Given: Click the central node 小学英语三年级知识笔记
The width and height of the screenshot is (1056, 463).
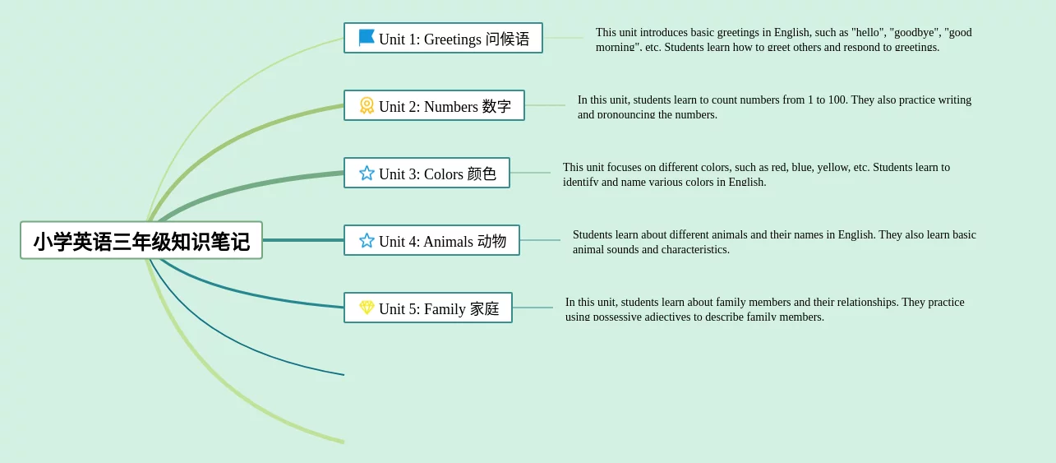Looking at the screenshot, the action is click(x=141, y=240).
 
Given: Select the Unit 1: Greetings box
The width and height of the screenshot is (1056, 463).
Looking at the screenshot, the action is click(x=443, y=39).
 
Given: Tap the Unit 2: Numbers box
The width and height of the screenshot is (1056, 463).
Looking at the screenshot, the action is click(x=434, y=106).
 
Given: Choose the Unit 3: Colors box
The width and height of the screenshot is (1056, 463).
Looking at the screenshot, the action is click(x=427, y=174).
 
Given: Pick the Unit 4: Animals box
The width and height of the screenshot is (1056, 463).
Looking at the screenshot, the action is click(x=431, y=241).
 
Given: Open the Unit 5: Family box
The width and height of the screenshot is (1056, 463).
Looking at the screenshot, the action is click(x=427, y=308).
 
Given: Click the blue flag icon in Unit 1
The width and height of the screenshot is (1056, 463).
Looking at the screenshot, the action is click(x=367, y=38).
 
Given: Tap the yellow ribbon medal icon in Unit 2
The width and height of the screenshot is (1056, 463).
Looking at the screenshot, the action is click(x=367, y=105).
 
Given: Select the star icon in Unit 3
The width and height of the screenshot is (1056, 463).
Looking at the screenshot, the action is click(x=367, y=173).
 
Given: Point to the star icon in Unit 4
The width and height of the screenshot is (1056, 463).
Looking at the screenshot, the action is click(x=367, y=240).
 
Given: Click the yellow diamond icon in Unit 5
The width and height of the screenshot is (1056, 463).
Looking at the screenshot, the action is click(x=367, y=308).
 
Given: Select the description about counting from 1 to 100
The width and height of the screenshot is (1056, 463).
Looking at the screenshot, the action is click(x=774, y=106).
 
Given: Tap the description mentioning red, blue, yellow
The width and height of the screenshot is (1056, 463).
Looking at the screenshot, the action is click(x=756, y=174).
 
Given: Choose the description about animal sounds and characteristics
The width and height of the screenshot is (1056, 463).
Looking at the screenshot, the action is click(x=774, y=241).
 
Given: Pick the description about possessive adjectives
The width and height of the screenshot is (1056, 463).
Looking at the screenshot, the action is click(x=764, y=308).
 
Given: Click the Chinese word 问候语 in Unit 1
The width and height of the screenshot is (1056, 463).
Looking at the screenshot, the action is click(x=507, y=39).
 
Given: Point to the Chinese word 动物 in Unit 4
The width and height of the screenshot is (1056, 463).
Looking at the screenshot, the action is click(x=491, y=241).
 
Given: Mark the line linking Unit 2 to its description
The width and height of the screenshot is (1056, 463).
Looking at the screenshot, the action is click(x=545, y=105).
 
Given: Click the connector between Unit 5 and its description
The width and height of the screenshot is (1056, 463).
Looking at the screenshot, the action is click(x=533, y=308).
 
